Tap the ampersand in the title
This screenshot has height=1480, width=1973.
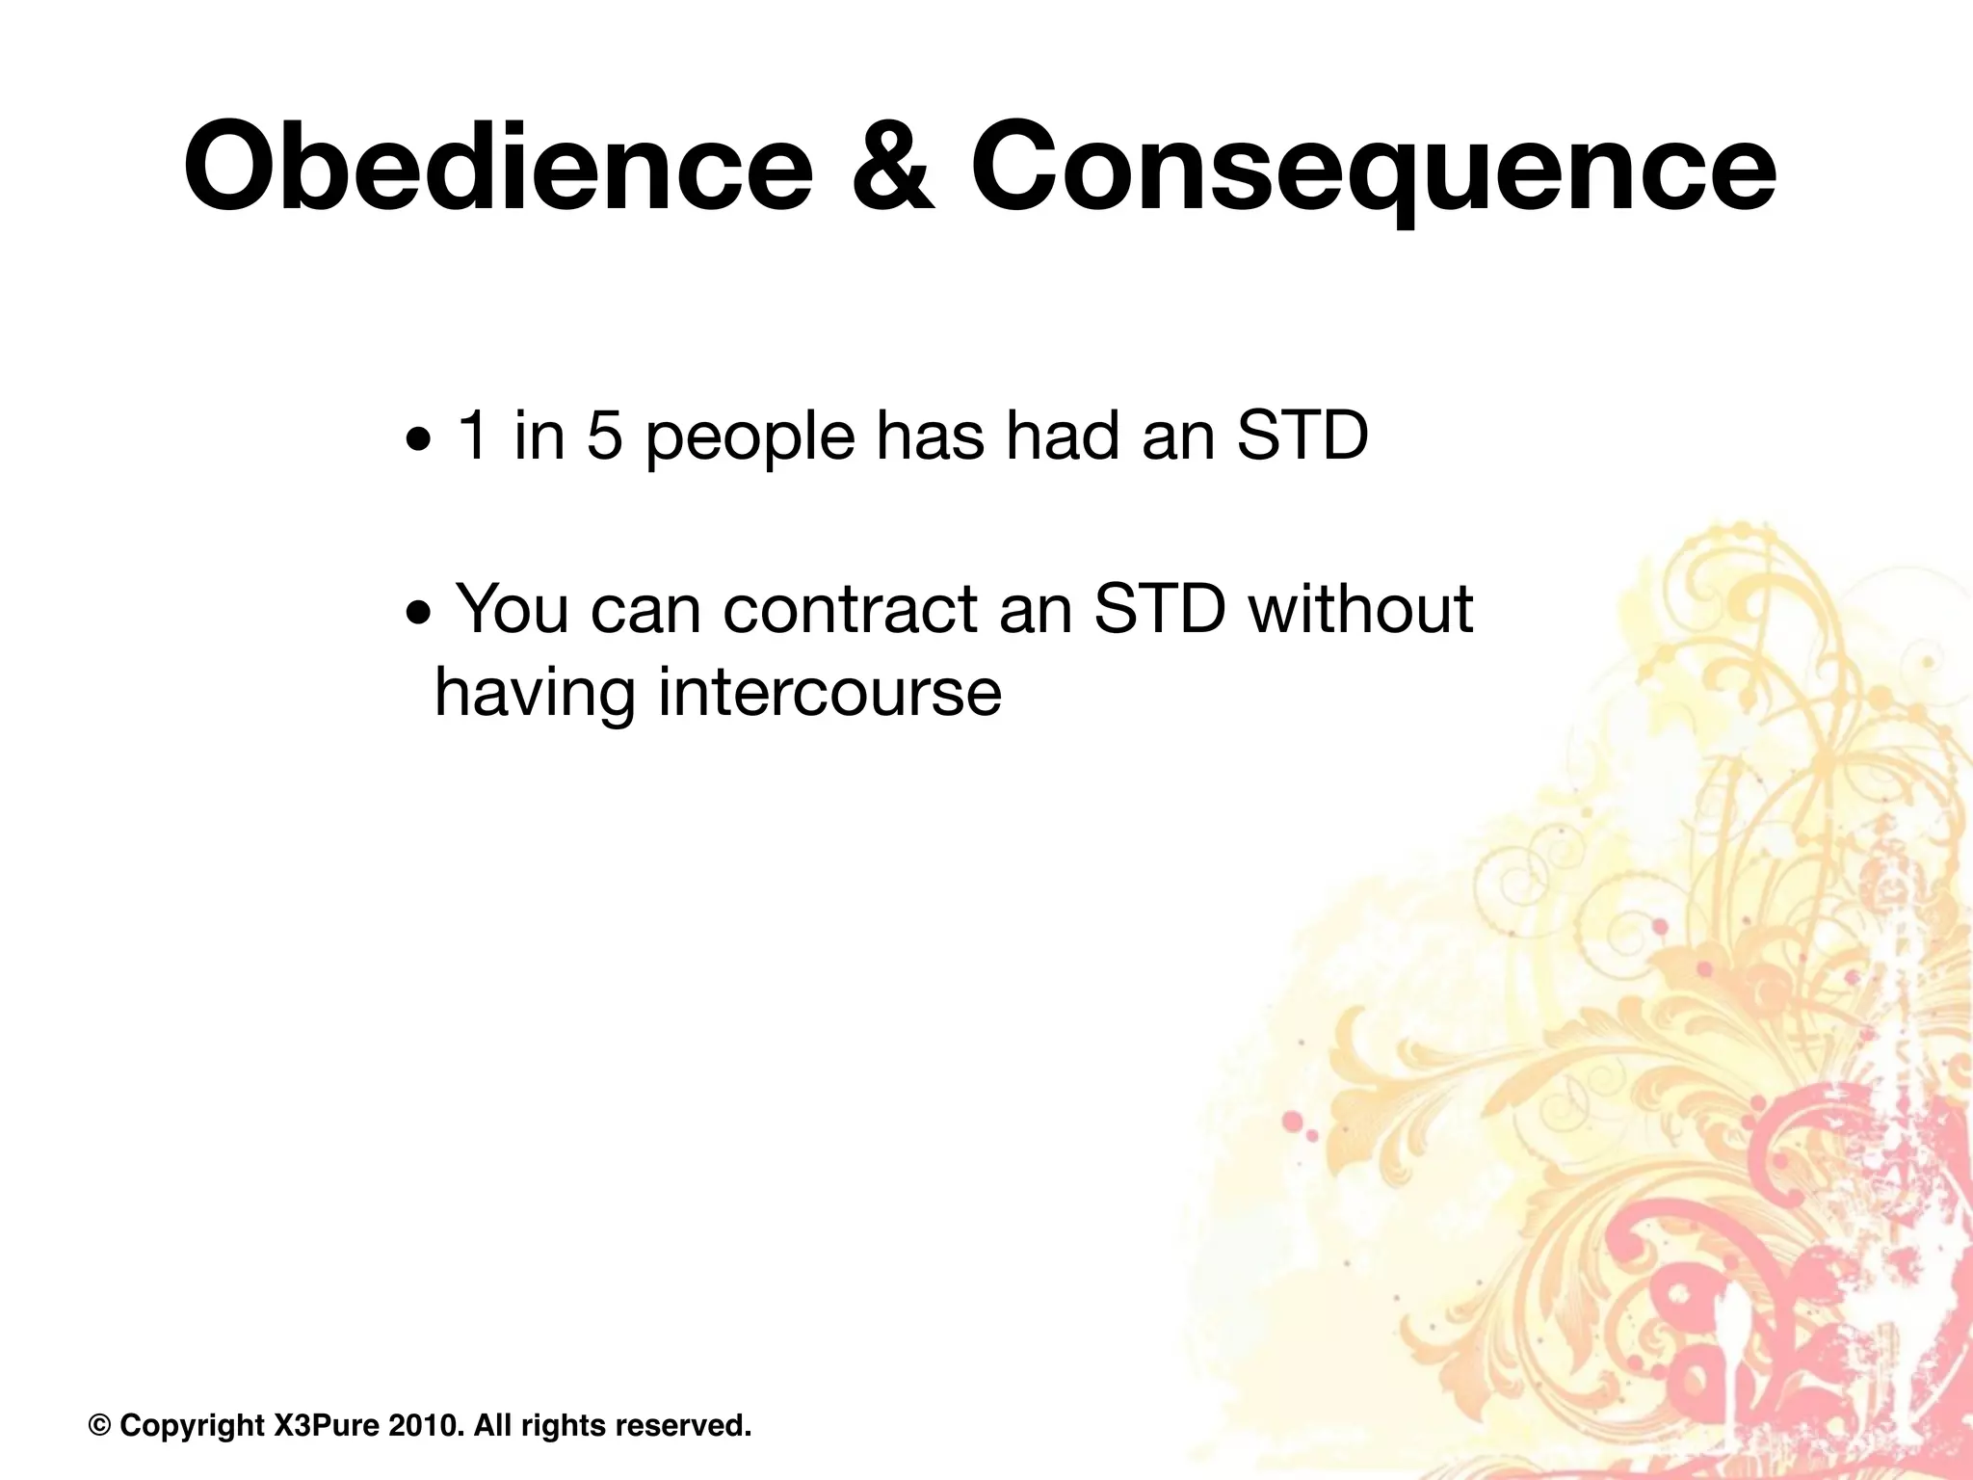click(892, 167)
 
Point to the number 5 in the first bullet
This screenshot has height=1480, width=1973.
click(604, 436)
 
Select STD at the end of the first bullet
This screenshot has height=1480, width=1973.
click(1302, 436)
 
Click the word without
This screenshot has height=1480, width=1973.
click(1360, 609)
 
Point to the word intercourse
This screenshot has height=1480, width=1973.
click(829, 694)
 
